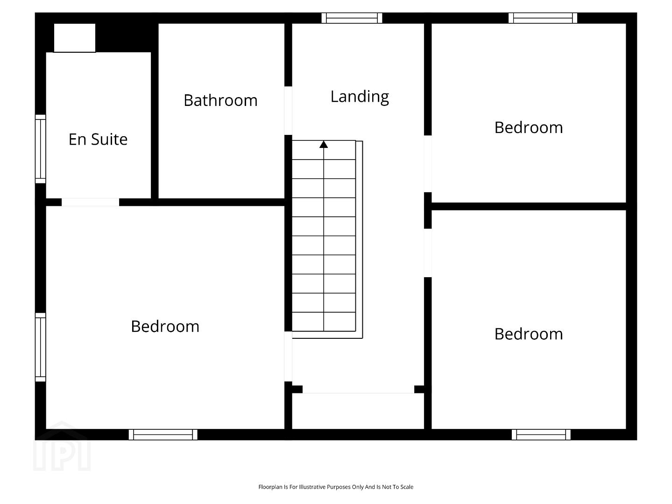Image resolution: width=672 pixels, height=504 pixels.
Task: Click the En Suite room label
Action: coord(98,139)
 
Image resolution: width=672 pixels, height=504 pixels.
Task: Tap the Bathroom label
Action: coord(220,100)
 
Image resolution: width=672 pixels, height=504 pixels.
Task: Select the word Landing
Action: coord(360,97)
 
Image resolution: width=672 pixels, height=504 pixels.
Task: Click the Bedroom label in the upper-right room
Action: coord(529,127)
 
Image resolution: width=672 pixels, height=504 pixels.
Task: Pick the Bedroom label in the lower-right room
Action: coord(529,334)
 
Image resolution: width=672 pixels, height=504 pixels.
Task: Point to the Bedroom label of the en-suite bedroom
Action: coord(165,326)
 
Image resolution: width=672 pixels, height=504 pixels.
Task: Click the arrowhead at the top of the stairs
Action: coord(324,144)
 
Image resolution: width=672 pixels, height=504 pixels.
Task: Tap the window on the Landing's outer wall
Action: coord(352,18)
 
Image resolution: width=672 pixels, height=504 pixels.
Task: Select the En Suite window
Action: coord(41,149)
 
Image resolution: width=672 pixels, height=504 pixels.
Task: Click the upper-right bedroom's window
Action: coord(543,18)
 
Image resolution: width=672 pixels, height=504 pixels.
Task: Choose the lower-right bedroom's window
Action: coord(541,434)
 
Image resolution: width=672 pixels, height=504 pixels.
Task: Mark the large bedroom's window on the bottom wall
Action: coord(163,434)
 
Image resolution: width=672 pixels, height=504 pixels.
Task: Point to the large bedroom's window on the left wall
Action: coord(41,347)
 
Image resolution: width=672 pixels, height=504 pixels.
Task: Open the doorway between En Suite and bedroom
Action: coord(90,202)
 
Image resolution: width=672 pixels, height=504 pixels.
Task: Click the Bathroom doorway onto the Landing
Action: coord(288,111)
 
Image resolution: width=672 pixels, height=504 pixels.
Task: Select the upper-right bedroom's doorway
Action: coord(428,164)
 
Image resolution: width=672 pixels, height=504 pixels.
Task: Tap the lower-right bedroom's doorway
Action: coord(428,253)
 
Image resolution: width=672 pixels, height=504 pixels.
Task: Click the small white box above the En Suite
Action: coord(75,38)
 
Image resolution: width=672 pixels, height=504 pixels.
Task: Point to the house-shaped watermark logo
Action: coord(62,446)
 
